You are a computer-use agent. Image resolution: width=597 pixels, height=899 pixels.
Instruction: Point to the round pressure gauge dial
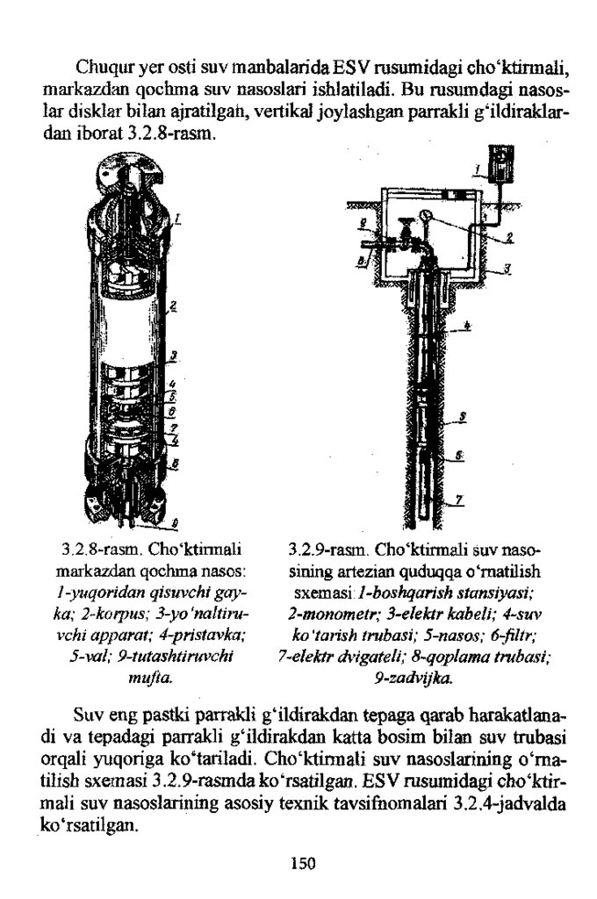point(424,215)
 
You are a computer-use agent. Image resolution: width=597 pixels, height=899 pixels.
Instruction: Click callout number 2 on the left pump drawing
point(173,307)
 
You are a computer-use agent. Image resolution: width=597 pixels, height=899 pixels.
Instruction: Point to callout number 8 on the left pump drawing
point(176,462)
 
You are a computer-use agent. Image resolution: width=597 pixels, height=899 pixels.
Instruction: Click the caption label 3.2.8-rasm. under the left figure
point(96,550)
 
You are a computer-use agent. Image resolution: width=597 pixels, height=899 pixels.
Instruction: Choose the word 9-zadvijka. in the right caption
point(413,678)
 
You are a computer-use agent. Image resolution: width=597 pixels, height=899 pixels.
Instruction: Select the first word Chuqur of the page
point(103,67)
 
